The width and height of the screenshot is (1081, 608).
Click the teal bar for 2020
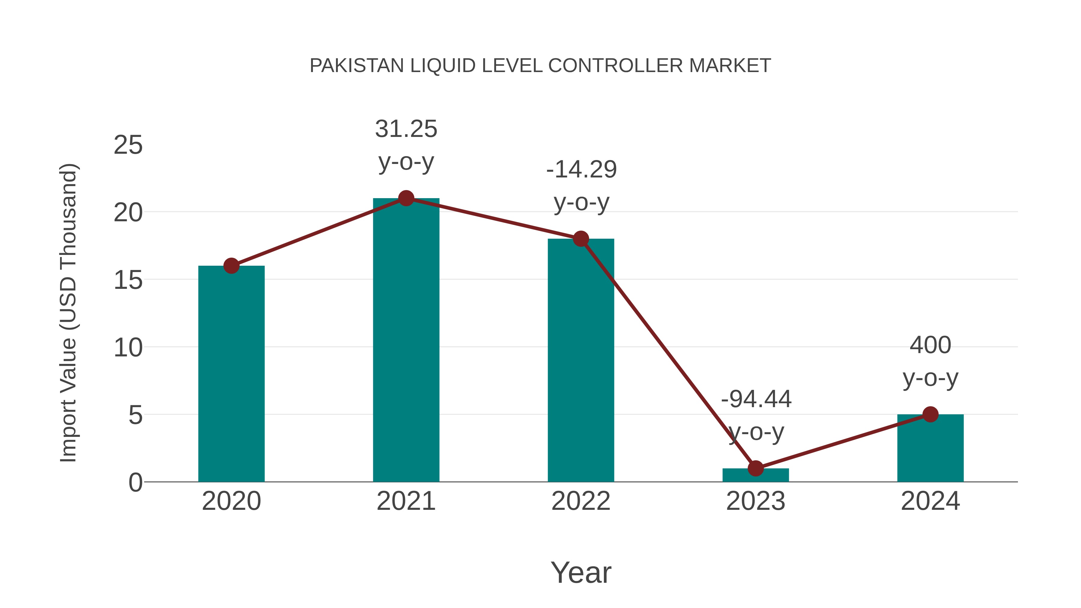pyautogui.click(x=231, y=374)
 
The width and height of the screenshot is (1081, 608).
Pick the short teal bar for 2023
pyautogui.click(x=755, y=475)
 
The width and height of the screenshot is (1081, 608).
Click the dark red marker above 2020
pyautogui.click(x=231, y=266)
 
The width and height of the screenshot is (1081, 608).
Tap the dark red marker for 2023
pyautogui.click(x=755, y=468)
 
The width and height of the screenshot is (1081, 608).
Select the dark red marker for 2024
pyautogui.click(x=930, y=414)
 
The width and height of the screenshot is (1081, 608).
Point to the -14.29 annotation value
pyautogui.click(x=581, y=170)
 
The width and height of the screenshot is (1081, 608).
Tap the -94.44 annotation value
pyautogui.click(x=756, y=399)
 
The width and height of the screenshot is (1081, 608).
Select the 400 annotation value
pyautogui.click(x=930, y=345)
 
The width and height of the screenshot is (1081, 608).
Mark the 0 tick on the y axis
pyautogui.click(x=135, y=482)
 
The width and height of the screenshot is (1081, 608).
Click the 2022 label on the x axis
pyautogui.click(x=581, y=501)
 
